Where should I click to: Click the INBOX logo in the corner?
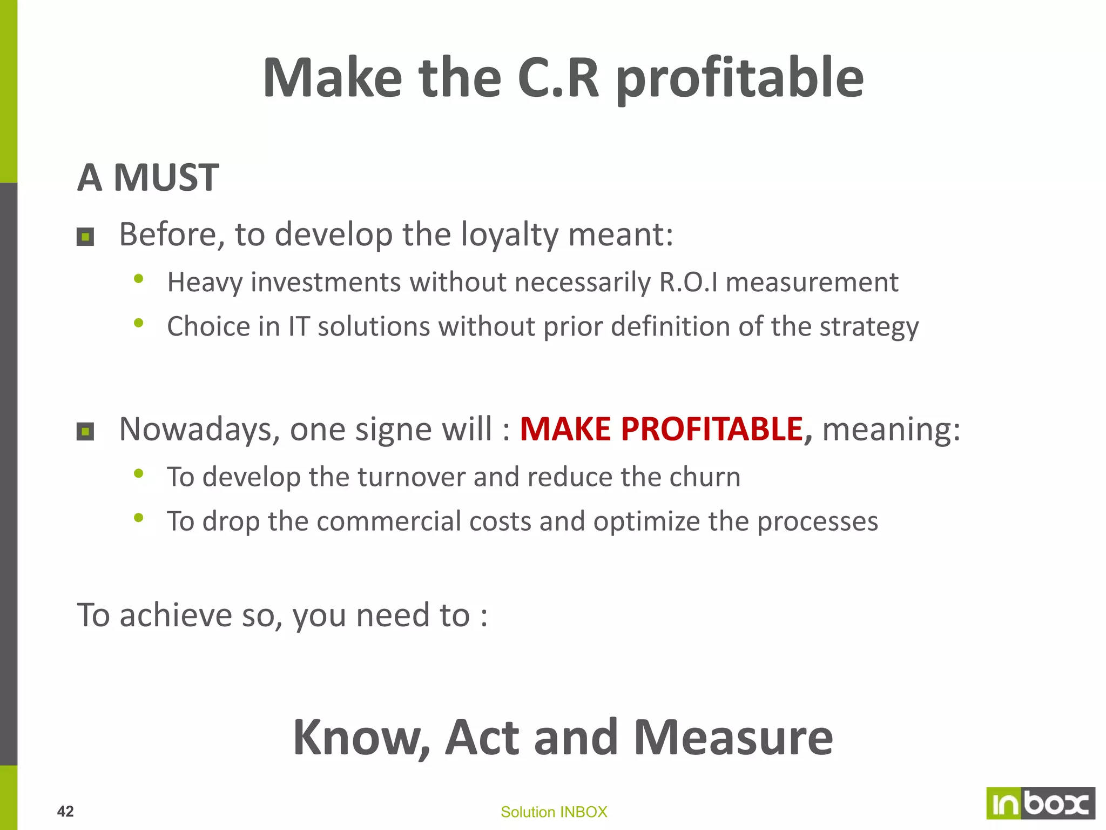[x=1040, y=804]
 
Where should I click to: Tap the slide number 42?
[x=65, y=811]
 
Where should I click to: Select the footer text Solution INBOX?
[x=554, y=812]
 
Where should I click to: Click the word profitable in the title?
[x=739, y=79]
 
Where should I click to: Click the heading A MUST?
[x=148, y=177]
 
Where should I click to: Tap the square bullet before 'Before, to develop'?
[x=85, y=237]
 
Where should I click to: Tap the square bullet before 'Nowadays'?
[x=85, y=432]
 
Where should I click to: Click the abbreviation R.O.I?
[x=689, y=282]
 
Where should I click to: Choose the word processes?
[x=818, y=522]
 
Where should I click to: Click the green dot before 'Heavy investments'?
[x=139, y=279]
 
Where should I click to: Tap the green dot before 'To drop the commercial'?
[x=139, y=518]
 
